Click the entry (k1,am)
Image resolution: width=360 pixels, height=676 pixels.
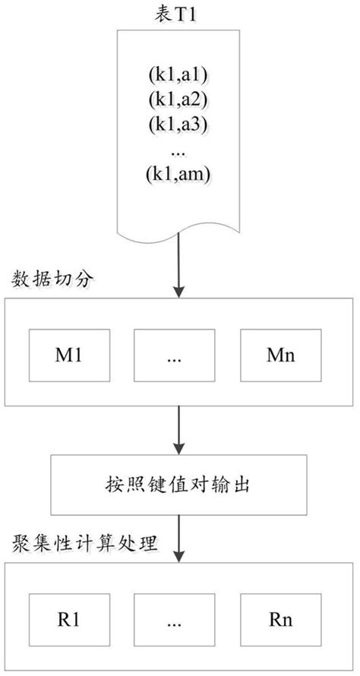point(178,173)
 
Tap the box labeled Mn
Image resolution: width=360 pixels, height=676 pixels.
point(276,355)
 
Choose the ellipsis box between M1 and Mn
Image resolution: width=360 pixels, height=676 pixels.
point(171,355)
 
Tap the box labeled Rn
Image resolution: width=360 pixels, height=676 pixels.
point(276,619)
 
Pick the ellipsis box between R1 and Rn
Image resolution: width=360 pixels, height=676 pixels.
point(171,619)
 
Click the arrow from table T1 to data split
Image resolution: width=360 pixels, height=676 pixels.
point(179,266)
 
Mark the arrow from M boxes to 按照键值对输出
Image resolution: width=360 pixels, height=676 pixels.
point(179,431)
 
